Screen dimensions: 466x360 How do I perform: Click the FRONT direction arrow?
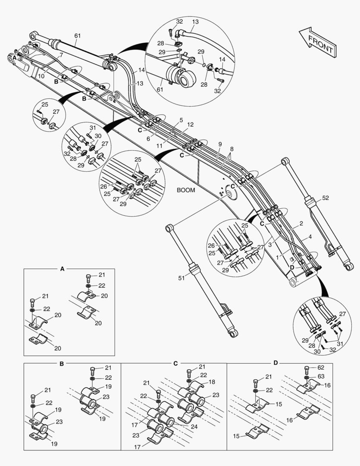317,42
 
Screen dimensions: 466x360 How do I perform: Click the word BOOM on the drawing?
186,190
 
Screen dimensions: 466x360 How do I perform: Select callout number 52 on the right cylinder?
326,198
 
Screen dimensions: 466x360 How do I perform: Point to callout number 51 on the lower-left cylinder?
182,278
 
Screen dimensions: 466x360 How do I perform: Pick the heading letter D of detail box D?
275,363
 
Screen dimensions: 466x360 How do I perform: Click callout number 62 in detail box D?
320,368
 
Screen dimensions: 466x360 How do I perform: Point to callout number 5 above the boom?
182,120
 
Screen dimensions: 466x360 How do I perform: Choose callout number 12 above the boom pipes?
190,125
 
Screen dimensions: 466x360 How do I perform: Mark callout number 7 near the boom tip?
61,55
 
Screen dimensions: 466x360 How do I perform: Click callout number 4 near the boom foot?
310,237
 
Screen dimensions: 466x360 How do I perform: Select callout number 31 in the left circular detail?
93,127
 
